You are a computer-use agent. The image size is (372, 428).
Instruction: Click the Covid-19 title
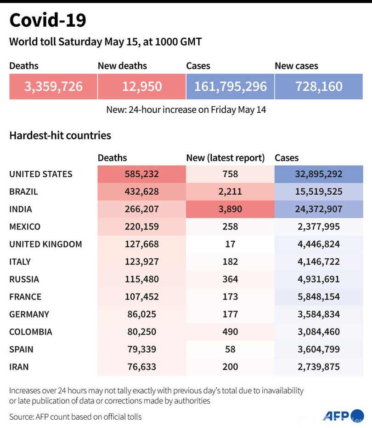coord(48,21)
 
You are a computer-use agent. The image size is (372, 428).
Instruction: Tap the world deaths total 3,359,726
coord(53,87)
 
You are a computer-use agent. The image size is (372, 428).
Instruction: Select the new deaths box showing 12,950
coord(141,87)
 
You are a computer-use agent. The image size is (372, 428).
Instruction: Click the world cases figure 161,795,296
coord(230,87)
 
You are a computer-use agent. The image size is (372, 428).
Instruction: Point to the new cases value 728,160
coord(319,87)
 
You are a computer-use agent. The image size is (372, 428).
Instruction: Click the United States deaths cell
coord(141,174)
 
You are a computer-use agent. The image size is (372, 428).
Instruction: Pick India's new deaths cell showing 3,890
coord(230,209)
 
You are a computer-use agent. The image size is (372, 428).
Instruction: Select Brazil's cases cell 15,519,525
coord(319,192)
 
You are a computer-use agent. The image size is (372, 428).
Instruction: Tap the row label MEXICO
coord(25,227)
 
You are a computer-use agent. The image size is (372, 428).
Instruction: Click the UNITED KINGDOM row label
coord(45,244)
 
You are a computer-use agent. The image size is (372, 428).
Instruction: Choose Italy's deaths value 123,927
coord(141,262)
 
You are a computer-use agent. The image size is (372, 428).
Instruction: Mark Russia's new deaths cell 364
coord(230,279)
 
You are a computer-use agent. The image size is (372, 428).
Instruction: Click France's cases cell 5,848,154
coord(319,297)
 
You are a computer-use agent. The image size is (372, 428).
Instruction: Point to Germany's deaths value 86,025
coord(141,314)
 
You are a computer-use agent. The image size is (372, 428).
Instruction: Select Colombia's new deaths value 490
coord(230,332)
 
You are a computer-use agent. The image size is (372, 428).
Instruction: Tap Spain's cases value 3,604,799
coord(319,349)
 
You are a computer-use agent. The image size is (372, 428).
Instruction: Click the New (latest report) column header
coord(225,158)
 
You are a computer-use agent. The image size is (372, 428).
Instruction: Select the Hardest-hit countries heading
coord(60,136)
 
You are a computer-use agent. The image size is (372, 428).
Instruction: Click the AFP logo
coord(337,416)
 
